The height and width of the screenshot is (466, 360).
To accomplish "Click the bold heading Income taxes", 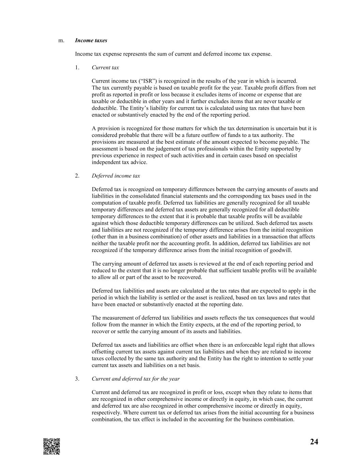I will tap(91, 40).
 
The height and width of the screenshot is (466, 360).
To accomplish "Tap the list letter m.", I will tap(61, 40).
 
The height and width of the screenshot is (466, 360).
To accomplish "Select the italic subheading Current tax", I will tap(105, 68).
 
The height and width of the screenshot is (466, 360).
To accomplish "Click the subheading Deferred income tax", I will tap(116, 176).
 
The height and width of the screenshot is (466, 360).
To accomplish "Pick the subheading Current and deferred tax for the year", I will tap(135, 379).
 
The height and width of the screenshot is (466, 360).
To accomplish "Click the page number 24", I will tap(314, 442).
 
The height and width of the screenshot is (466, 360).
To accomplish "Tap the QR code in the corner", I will tap(52, 446).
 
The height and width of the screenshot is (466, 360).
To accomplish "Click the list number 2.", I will tap(77, 176).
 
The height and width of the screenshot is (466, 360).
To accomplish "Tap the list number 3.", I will tap(77, 379).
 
